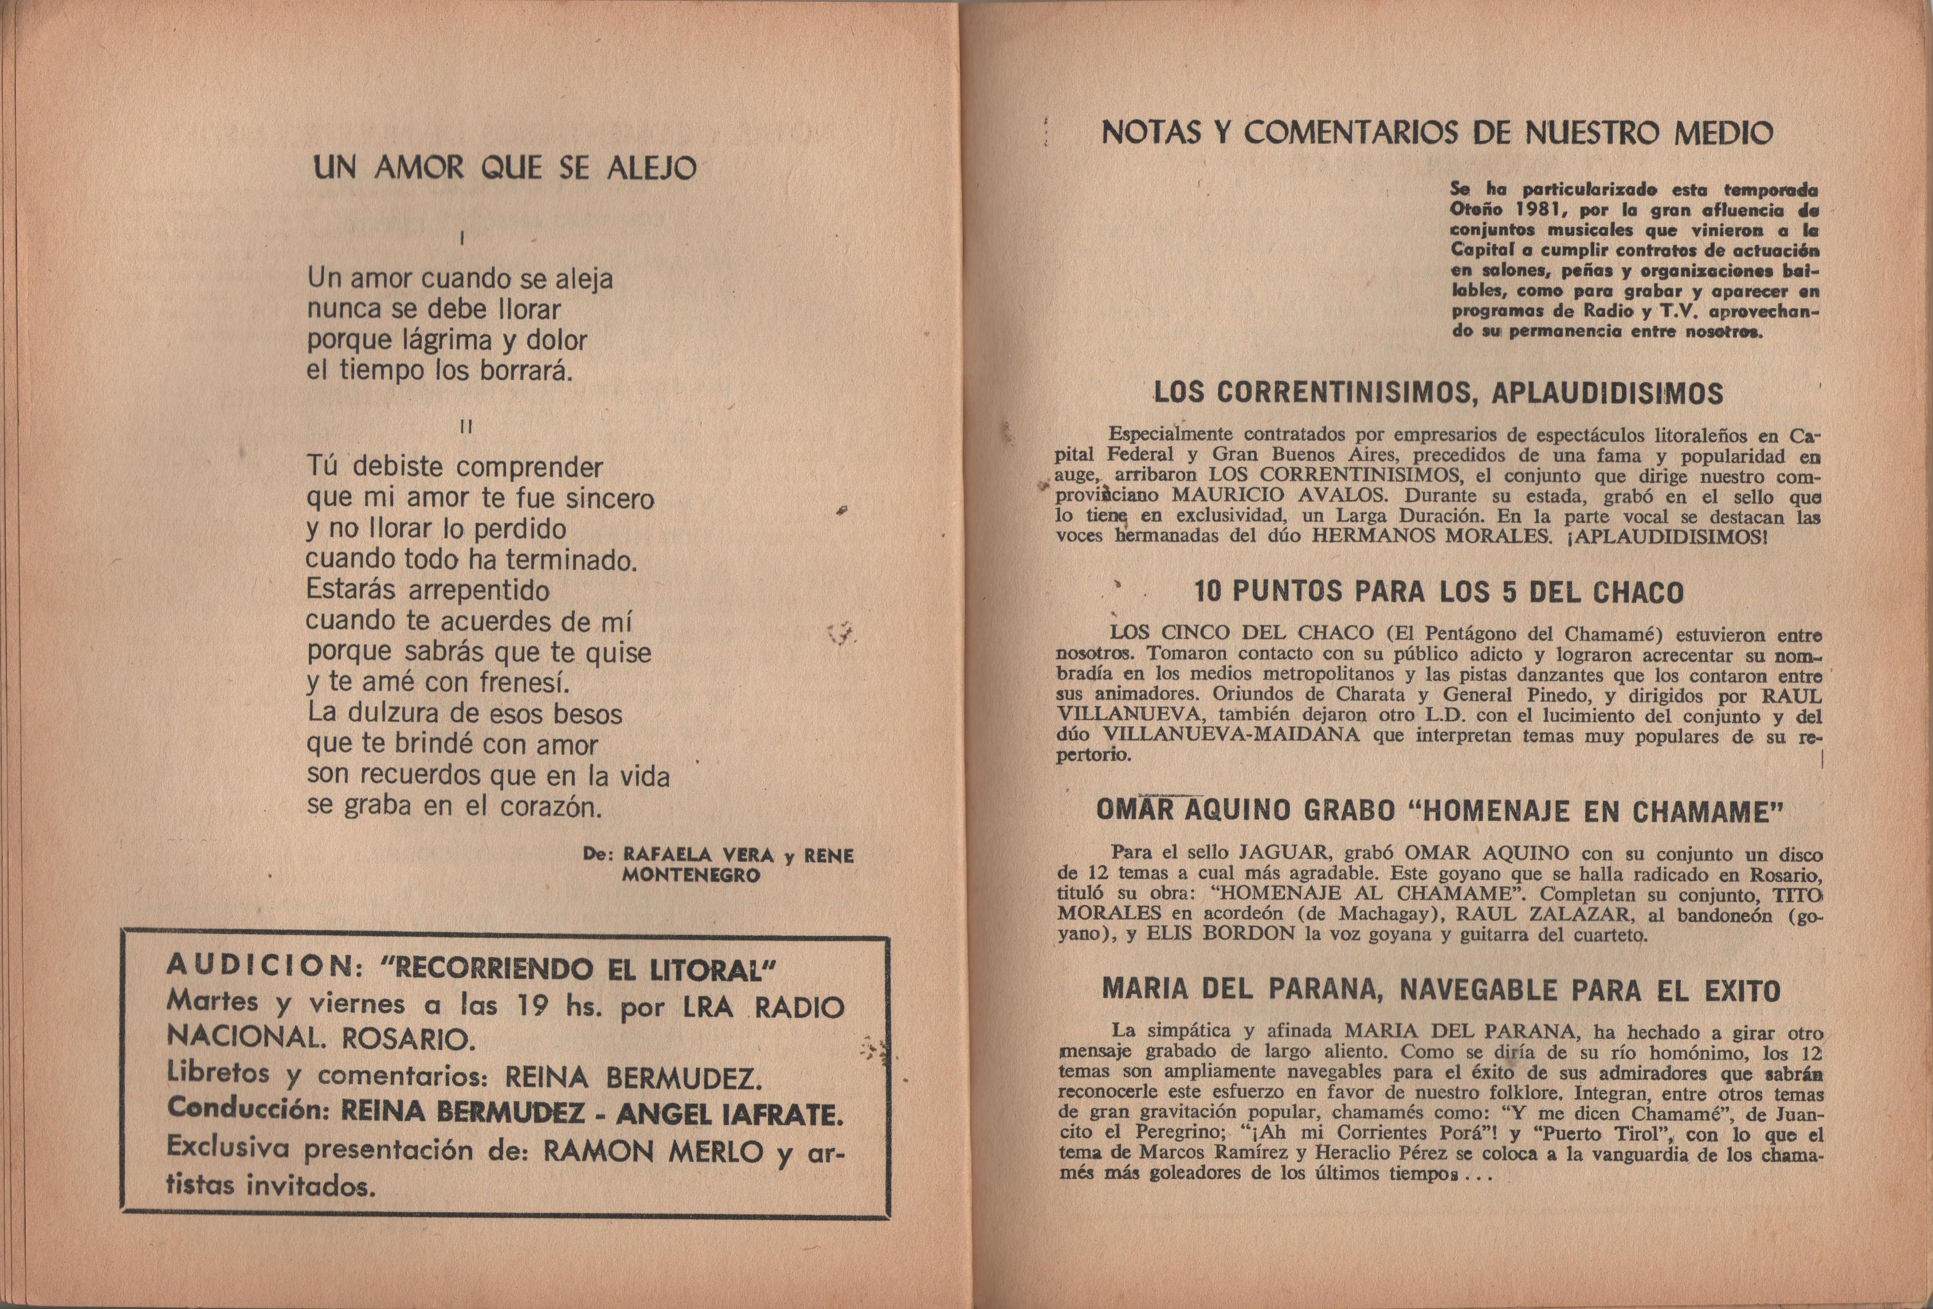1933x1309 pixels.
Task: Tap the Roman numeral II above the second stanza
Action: tap(466, 427)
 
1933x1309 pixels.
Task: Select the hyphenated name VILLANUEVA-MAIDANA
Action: tap(1231, 736)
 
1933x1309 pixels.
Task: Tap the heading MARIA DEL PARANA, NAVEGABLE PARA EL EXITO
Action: tap(1441, 990)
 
